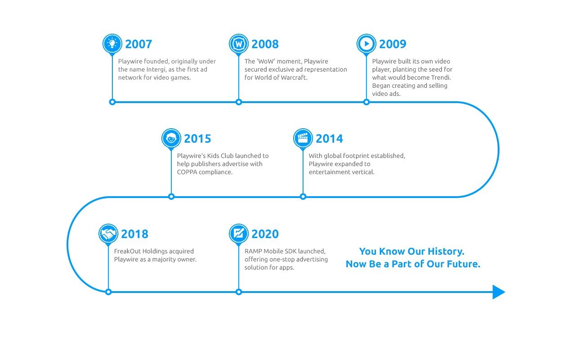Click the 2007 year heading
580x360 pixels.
pyautogui.click(x=138, y=44)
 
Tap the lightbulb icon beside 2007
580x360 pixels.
pyautogui.click(x=112, y=43)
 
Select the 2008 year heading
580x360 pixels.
pyautogui.click(x=265, y=44)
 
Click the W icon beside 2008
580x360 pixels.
pyautogui.click(x=239, y=44)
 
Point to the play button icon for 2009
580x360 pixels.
pyautogui.click(x=366, y=44)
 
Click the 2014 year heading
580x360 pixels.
pyautogui.click(x=329, y=139)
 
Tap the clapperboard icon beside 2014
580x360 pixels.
pyautogui.click(x=303, y=138)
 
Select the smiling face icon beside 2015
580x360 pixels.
pyautogui.click(x=171, y=138)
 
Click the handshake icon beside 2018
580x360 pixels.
pyautogui.click(x=108, y=234)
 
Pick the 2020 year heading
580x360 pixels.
pyautogui.click(x=265, y=234)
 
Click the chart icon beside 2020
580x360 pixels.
pyautogui.click(x=239, y=234)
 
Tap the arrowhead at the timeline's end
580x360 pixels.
pyautogui.click(x=498, y=292)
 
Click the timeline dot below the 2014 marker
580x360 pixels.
pyautogui.click(x=303, y=197)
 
